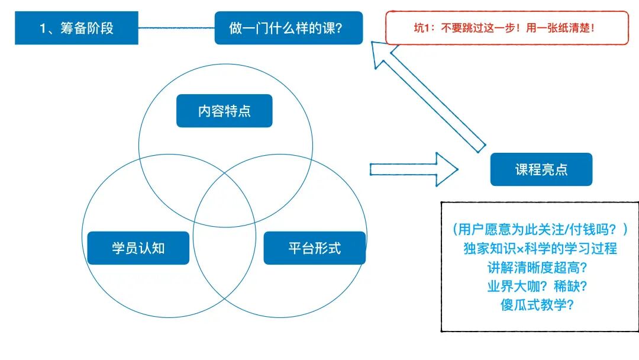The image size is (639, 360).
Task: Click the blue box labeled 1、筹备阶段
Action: pos(76,28)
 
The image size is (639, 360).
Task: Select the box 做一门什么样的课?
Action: pos(288,28)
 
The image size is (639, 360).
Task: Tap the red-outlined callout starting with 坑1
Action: pos(506,28)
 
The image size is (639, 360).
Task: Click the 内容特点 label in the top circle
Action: pos(224,111)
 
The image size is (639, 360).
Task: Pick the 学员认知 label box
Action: pos(138,247)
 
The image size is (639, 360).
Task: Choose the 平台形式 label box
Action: pos(314,247)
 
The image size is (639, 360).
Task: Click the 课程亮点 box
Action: pos(541,169)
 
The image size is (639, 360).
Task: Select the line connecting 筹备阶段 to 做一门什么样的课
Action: pos(176,28)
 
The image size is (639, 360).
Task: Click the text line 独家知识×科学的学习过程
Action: pos(540,248)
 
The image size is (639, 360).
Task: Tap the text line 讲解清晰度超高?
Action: pos(540,267)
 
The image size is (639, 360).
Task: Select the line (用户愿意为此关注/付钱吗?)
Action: pos(540,229)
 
